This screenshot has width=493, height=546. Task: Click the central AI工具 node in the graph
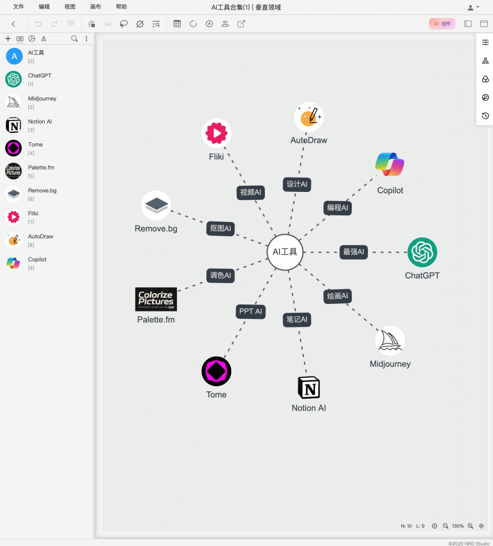click(285, 252)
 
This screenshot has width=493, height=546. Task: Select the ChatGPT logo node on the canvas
click(422, 252)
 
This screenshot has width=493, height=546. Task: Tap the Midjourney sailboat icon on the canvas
click(390, 340)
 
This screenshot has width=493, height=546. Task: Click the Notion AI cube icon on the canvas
click(309, 387)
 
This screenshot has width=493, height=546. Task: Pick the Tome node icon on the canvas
click(216, 371)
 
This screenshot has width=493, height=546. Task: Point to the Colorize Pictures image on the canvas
click(156, 299)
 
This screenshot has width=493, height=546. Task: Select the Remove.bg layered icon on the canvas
click(156, 205)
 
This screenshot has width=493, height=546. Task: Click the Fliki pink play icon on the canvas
click(216, 133)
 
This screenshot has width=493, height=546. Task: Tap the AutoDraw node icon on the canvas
click(309, 117)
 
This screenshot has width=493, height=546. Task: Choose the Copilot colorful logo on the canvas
click(390, 164)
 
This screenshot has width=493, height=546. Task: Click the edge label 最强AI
click(354, 252)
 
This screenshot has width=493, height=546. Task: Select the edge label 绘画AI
click(338, 296)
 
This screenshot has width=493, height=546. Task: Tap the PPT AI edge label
click(250, 311)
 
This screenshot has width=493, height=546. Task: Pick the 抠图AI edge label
click(221, 229)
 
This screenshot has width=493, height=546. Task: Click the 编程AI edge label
click(337, 207)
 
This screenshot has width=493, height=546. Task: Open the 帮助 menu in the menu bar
click(121, 7)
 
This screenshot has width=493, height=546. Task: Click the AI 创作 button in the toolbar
click(442, 23)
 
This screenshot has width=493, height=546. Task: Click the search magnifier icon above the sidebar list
click(74, 38)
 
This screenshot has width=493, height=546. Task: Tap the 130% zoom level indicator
click(458, 526)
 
